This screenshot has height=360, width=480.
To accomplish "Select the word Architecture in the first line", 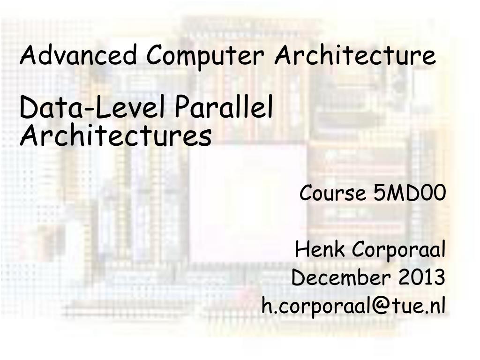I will (x=355, y=55).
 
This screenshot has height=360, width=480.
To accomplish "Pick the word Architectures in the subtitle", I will (x=115, y=136).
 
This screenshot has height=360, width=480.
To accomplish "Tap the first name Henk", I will (x=321, y=249).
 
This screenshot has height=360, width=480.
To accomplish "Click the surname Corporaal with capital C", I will (x=398, y=250).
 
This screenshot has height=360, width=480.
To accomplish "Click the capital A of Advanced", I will (x=28, y=55).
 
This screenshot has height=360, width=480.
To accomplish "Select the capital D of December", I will (x=298, y=277).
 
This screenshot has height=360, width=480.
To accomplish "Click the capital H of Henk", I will (x=302, y=249).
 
